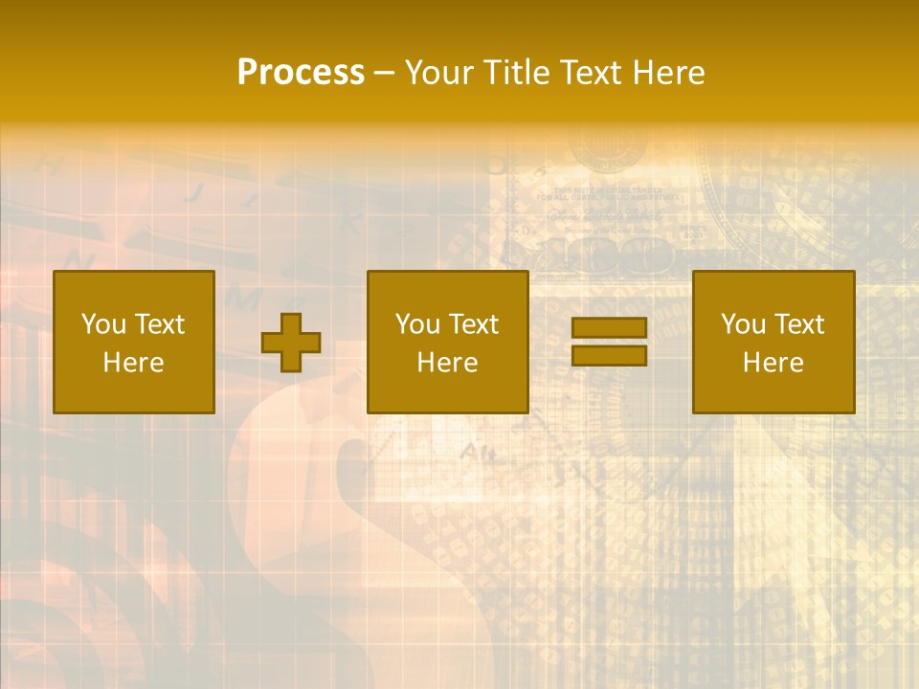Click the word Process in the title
click(301, 73)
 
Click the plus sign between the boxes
click(291, 343)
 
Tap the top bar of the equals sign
click(609, 328)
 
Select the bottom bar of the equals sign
click(609, 355)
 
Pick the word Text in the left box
click(159, 324)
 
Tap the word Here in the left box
click(133, 363)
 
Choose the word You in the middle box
click(418, 324)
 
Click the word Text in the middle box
click(473, 324)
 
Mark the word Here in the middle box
click(447, 363)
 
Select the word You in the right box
click(744, 324)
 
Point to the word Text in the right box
click(798, 324)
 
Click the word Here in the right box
click(773, 363)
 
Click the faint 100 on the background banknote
click(632, 255)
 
